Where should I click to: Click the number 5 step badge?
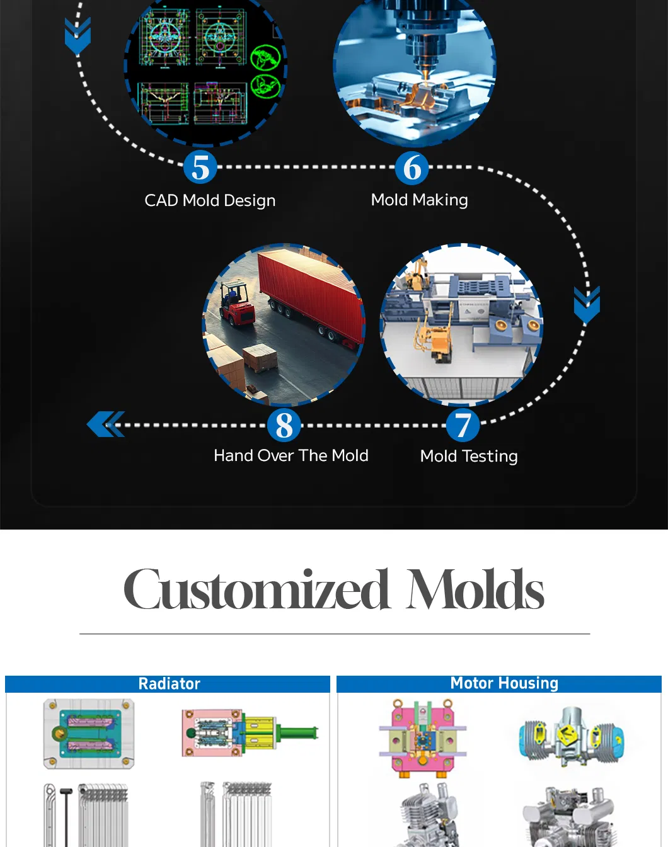pyautogui.click(x=200, y=168)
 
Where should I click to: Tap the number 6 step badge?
pyautogui.click(x=412, y=168)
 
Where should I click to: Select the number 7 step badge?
pyautogui.click(x=463, y=425)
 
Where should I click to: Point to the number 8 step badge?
pyautogui.click(x=284, y=425)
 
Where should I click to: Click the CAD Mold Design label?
pyautogui.click(x=210, y=200)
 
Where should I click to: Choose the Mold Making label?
pyautogui.click(x=419, y=200)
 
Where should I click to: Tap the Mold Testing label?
pyautogui.click(x=469, y=456)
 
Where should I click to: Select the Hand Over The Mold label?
pyautogui.click(x=291, y=455)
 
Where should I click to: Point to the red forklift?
pyautogui.click(x=236, y=306)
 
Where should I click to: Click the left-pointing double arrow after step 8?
pyautogui.click(x=105, y=424)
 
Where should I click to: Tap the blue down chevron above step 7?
pyautogui.click(x=587, y=305)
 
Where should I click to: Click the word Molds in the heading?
pyautogui.click(x=476, y=590)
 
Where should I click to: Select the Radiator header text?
pyautogui.click(x=169, y=684)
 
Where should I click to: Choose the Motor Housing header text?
pyautogui.click(x=504, y=683)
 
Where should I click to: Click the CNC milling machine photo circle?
pyautogui.click(x=414, y=66)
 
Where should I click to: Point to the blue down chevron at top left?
pyautogui.click(x=78, y=36)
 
